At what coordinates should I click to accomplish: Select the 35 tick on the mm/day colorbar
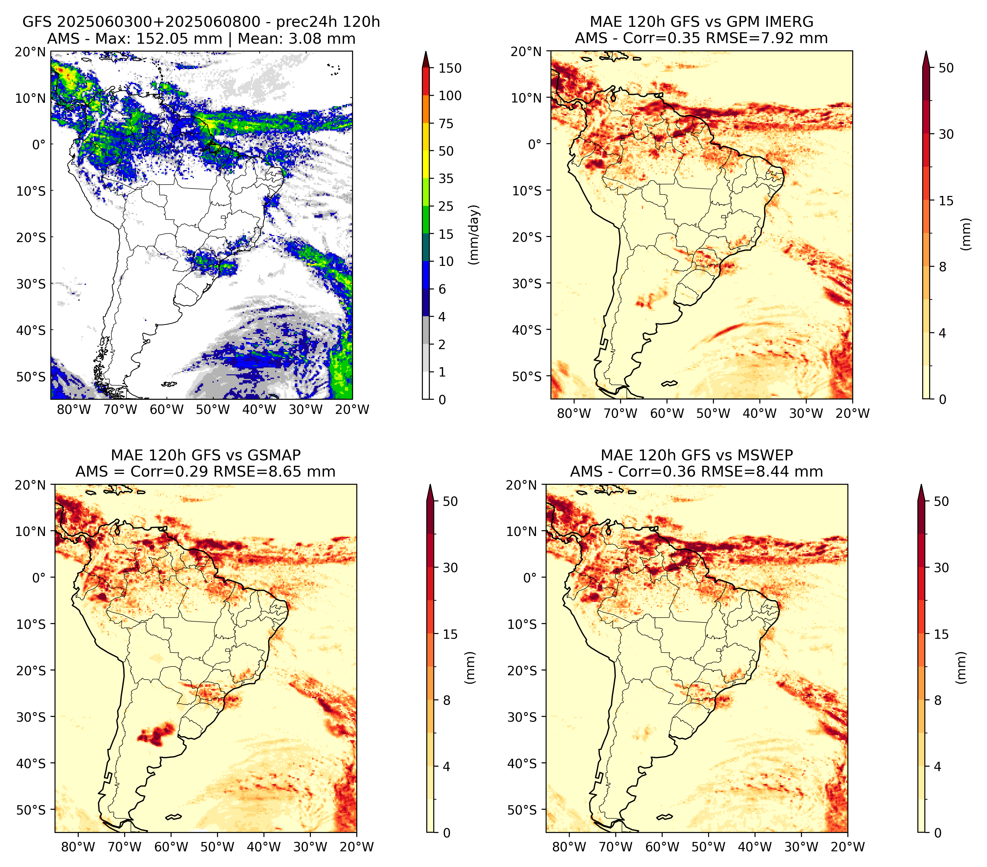[446, 178]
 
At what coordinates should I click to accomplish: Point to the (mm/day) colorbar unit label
[475, 235]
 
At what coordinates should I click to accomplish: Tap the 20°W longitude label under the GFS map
[352, 409]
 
